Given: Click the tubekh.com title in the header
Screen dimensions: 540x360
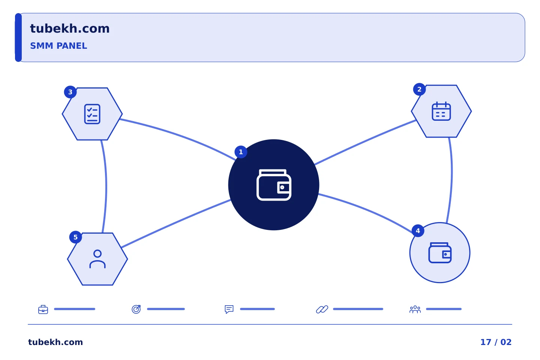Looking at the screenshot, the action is click(x=70, y=28).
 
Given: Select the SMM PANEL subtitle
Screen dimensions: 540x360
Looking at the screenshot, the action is click(x=58, y=46).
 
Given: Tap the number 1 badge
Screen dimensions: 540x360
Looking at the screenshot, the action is click(x=241, y=152).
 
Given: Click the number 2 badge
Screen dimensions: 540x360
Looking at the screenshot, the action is click(x=419, y=89).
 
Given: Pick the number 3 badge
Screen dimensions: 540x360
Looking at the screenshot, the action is click(x=70, y=92).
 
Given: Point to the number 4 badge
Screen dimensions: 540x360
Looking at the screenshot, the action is click(x=418, y=231).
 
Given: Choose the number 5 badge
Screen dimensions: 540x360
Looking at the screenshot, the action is click(x=75, y=237).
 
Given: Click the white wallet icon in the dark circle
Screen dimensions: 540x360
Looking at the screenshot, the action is click(x=274, y=185).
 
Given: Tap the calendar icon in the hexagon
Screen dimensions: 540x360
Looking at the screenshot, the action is click(x=441, y=111).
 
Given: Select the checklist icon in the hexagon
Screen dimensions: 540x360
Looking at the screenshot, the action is click(x=92, y=114).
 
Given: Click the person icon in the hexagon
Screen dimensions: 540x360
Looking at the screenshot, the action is click(x=97, y=259).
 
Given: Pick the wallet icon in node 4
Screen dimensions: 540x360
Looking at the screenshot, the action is click(x=440, y=252).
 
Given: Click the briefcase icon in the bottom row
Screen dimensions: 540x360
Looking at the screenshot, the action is click(x=43, y=309).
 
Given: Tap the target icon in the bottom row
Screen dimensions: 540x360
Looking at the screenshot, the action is click(x=136, y=309).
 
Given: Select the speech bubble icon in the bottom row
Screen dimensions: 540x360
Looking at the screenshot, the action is click(x=229, y=309).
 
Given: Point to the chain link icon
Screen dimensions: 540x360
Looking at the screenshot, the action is click(x=322, y=309).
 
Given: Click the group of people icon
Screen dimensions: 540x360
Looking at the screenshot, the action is click(x=415, y=309).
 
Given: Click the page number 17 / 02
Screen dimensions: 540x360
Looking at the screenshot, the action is click(x=496, y=342).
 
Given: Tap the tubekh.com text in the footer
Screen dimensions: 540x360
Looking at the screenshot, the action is click(x=55, y=342).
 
